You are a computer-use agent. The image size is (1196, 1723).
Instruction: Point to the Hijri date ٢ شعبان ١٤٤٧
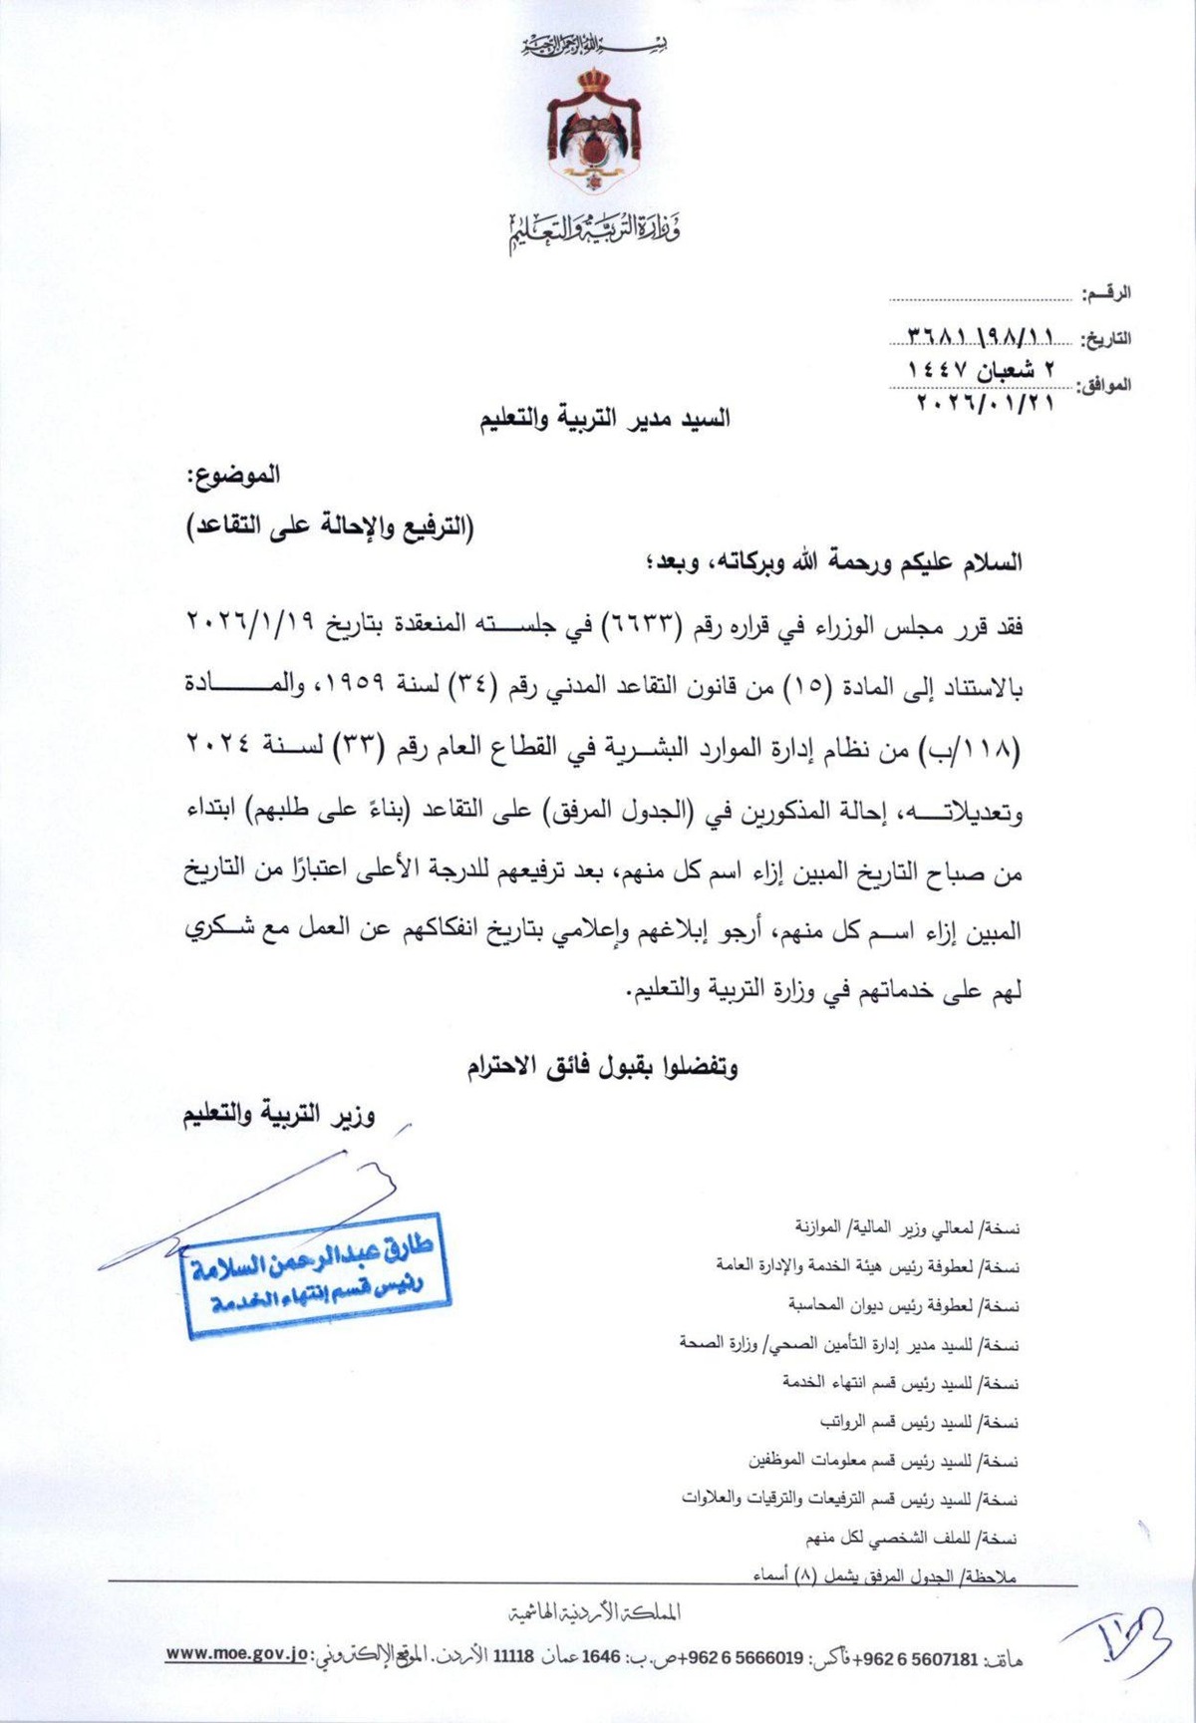click(981, 369)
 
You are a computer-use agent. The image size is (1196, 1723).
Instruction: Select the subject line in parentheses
click(332, 528)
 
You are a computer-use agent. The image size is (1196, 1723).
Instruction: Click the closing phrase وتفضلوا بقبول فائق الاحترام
click(602, 1068)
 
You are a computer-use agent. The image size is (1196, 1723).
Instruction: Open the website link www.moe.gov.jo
click(237, 1654)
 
